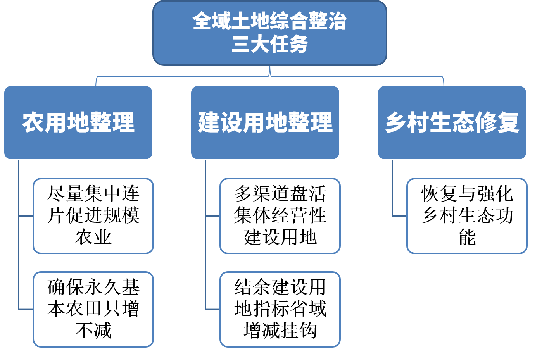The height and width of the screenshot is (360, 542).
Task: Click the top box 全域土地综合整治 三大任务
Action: [x=270, y=33]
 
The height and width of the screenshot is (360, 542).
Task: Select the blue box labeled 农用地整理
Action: [x=78, y=122]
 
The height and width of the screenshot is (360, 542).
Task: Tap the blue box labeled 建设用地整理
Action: [x=265, y=122]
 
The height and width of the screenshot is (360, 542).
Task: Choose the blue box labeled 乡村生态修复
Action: [x=452, y=122]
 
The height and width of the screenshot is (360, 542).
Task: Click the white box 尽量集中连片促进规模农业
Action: [x=93, y=216]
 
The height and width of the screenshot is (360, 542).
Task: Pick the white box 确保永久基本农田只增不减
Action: [x=93, y=309]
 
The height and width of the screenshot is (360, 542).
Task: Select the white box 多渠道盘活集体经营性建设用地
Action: [x=280, y=216]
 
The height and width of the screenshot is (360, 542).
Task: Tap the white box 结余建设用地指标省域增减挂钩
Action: [x=280, y=309]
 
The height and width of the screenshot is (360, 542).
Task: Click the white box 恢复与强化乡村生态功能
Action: [x=467, y=216]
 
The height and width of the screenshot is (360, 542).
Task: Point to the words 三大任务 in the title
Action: [x=270, y=44]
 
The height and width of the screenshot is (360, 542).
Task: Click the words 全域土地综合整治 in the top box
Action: [x=270, y=21]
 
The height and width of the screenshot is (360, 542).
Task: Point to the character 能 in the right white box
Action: [x=467, y=237]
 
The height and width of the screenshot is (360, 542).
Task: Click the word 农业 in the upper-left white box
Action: [x=93, y=237]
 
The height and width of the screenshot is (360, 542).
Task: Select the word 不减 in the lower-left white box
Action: [x=93, y=331]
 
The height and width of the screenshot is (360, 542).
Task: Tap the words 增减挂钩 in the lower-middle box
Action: [x=280, y=331]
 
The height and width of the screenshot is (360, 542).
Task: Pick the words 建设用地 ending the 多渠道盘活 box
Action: [x=280, y=237]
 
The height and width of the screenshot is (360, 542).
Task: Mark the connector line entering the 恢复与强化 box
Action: [x=399, y=216]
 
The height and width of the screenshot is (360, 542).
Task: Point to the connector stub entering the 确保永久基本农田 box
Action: [x=26, y=309]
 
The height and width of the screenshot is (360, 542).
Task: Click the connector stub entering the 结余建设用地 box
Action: [x=212, y=309]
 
